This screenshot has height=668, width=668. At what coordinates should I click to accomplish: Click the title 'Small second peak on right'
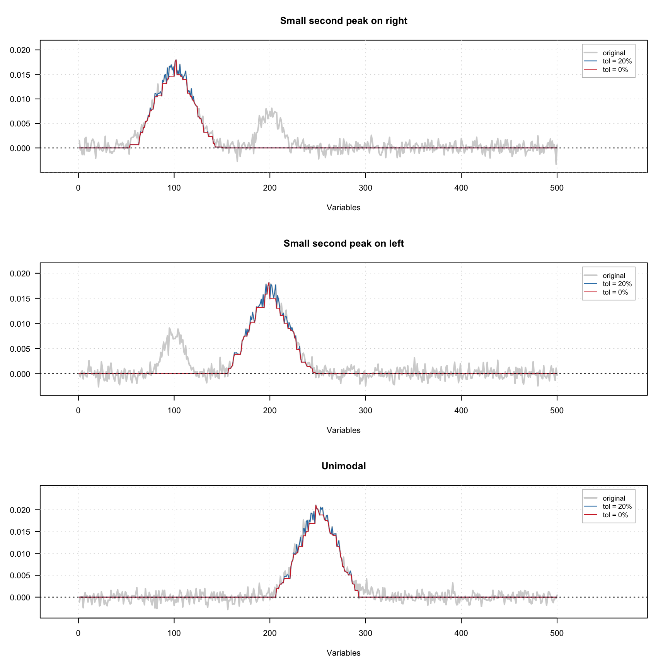coord(343,21)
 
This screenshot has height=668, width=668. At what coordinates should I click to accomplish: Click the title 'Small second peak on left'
coord(343,244)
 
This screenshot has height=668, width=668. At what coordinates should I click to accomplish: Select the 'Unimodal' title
coord(343,466)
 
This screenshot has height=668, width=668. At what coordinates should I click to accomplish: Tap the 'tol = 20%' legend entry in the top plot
coord(617,61)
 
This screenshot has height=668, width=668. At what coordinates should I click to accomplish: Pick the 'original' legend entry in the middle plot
coord(613,276)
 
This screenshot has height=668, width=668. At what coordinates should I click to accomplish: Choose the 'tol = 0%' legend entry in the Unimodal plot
coord(615,515)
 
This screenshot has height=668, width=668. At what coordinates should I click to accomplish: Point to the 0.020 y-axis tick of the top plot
coord(20,50)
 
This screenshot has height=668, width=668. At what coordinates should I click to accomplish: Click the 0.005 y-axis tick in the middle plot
coord(20,349)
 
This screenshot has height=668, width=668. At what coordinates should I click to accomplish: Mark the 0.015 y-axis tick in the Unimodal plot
coord(20,532)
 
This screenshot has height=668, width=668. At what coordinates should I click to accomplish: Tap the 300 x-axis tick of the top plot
coord(365,188)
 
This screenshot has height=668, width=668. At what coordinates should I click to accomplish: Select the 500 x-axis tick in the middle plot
coord(557,411)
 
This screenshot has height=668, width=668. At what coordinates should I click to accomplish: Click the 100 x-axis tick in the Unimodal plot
coord(174,633)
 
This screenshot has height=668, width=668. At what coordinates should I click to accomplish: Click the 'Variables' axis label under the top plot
coord(343,208)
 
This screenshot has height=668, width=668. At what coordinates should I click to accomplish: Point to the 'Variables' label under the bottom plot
coord(343,653)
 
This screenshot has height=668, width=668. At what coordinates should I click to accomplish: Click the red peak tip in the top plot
coord(176,60)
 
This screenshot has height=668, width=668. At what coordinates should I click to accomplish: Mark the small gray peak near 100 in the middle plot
coord(169,329)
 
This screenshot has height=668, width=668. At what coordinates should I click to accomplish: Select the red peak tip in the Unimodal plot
coord(316,505)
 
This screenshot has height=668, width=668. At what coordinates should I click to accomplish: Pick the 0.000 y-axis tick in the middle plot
coord(20,374)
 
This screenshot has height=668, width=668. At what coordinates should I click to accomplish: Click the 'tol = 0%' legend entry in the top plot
coord(615,70)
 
